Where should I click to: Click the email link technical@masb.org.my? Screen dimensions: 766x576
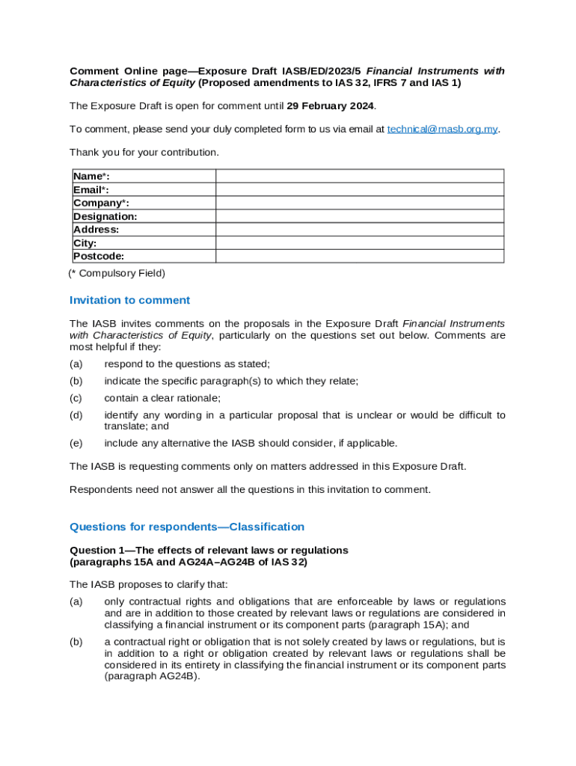442,129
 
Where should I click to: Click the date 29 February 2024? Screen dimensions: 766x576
330,105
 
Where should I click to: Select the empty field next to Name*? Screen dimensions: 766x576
360,176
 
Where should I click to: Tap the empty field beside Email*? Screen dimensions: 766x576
360,189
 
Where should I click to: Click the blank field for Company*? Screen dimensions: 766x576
360,203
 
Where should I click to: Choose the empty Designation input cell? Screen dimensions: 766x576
360,216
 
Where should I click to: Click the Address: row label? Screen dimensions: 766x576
96,230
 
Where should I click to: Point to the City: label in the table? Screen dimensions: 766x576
85,243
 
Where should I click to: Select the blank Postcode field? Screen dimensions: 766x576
360,257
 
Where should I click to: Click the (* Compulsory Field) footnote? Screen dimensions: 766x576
116,273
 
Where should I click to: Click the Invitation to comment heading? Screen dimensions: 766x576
129,300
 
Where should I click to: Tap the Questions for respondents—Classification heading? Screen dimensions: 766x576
186,527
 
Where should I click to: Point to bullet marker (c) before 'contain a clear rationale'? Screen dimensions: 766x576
76,398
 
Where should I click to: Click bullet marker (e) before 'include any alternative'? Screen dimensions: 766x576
76,443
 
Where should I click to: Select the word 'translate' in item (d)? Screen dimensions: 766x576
126,426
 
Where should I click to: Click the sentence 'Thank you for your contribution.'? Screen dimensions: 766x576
144,153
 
